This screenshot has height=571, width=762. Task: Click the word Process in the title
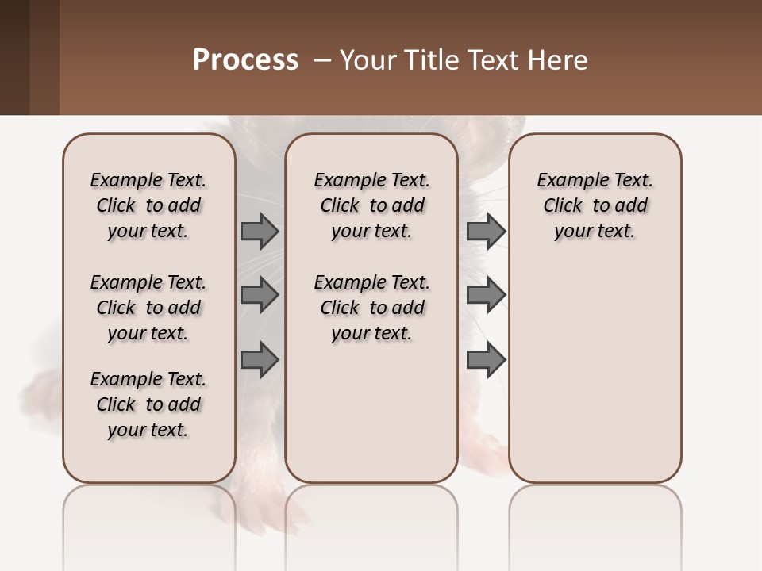coord(245,59)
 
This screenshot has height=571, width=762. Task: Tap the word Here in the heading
coord(557,59)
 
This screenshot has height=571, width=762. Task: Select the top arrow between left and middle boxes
coord(260,231)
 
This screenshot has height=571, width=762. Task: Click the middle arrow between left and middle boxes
coord(260,295)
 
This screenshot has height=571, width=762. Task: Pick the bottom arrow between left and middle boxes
coord(260,359)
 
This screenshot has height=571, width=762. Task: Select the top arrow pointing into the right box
coord(486,231)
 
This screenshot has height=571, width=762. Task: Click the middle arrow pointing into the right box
coord(486,295)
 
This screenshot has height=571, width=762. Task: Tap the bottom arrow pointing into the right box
coord(486,359)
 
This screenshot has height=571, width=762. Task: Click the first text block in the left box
coord(148,205)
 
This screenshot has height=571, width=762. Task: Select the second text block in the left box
coord(148,308)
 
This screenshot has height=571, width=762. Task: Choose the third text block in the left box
coord(148,404)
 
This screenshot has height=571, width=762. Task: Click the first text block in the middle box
coord(371,205)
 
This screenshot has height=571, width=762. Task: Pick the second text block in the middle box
coord(371,308)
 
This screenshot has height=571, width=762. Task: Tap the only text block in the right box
coord(595,205)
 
